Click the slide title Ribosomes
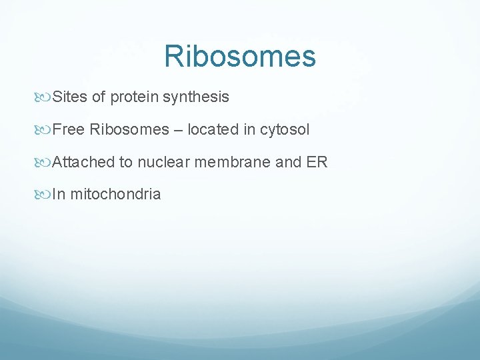pyautogui.click(x=240, y=56)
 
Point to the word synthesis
pyautogui.click(x=197, y=97)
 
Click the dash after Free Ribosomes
pyautogui.click(x=178, y=130)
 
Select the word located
pyautogui.click(x=212, y=129)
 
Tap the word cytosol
pyautogui.click(x=285, y=130)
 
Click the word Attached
pyautogui.click(x=83, y=162)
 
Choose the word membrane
pyautogui.click(x=232, y=162)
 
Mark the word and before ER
pyautogui.click(x=288, y=162)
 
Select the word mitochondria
pyautogui.click(x=115, y=195)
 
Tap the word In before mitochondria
pyautogui.click(x=58, y=195)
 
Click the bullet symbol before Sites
pyautogui.click(x=45, y=97)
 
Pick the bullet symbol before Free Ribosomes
pyautogui.click(x=45, y=130)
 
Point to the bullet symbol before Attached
pyautogui.click(x=45, y=163)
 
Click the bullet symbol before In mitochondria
pyautogui.click(x=45, y=195)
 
